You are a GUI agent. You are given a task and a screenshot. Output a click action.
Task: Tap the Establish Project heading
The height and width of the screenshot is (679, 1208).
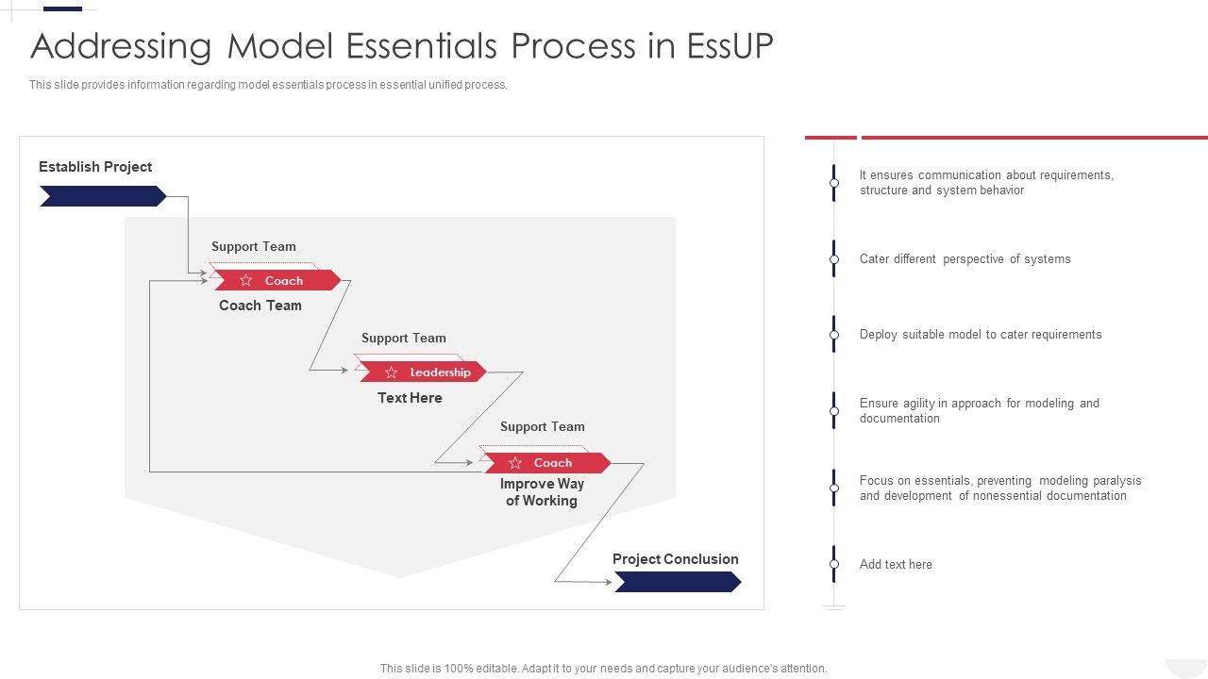click(95, 167)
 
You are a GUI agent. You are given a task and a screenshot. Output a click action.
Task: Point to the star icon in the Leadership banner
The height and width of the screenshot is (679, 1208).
click(391, 373)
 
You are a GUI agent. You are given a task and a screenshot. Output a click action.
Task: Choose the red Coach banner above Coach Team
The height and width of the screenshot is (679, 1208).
click(276, 280)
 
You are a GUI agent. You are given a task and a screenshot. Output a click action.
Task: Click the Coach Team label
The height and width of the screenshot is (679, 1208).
click(260, 306)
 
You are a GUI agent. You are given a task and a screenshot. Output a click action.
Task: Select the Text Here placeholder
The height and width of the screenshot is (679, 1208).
click(410, 398)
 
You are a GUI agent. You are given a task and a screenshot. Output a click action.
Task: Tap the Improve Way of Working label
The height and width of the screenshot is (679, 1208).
click(542, 492)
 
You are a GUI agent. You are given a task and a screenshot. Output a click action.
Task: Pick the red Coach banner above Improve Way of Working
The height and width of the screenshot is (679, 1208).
click(546, 463)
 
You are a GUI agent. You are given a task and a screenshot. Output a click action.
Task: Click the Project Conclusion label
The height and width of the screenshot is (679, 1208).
click(676, 559)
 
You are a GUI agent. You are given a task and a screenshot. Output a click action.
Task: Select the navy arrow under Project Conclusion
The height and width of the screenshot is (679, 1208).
click(678, 583)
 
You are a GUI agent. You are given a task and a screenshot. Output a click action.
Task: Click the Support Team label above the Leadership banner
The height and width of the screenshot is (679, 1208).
click(404, 339)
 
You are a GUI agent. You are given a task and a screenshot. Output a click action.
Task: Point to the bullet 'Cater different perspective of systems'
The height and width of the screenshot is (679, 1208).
click(965, 259)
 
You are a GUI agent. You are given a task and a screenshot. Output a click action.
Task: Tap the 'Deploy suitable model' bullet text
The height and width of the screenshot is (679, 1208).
click(981, 335)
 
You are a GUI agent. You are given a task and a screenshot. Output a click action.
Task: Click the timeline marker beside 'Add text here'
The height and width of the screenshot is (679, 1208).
click(834, 564)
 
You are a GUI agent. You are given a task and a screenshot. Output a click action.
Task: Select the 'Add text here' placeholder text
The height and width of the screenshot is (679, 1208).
click(896, 565)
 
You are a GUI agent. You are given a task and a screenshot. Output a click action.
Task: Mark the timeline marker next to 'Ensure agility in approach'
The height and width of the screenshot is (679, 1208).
click(834, 411)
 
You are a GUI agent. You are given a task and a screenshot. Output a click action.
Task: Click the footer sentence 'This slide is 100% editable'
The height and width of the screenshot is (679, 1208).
click(603, 669)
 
